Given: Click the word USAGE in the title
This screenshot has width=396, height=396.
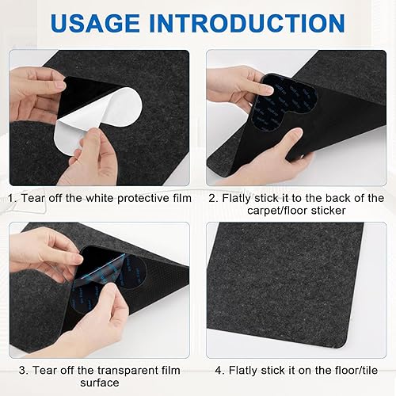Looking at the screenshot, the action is [x=95, y=23].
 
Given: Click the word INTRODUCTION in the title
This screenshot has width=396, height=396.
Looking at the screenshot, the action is [x=247, y=23].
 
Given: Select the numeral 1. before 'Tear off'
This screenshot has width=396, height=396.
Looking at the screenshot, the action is [x=12, y=198].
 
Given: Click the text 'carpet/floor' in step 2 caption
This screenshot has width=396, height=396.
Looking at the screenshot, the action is [x=277, y=211].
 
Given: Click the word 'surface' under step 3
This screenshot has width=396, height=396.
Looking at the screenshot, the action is [x=100, y=383].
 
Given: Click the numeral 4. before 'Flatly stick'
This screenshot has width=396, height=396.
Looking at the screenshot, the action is [x=219, y=371].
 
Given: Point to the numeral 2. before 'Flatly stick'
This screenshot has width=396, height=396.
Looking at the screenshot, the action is [x=213, y=198].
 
